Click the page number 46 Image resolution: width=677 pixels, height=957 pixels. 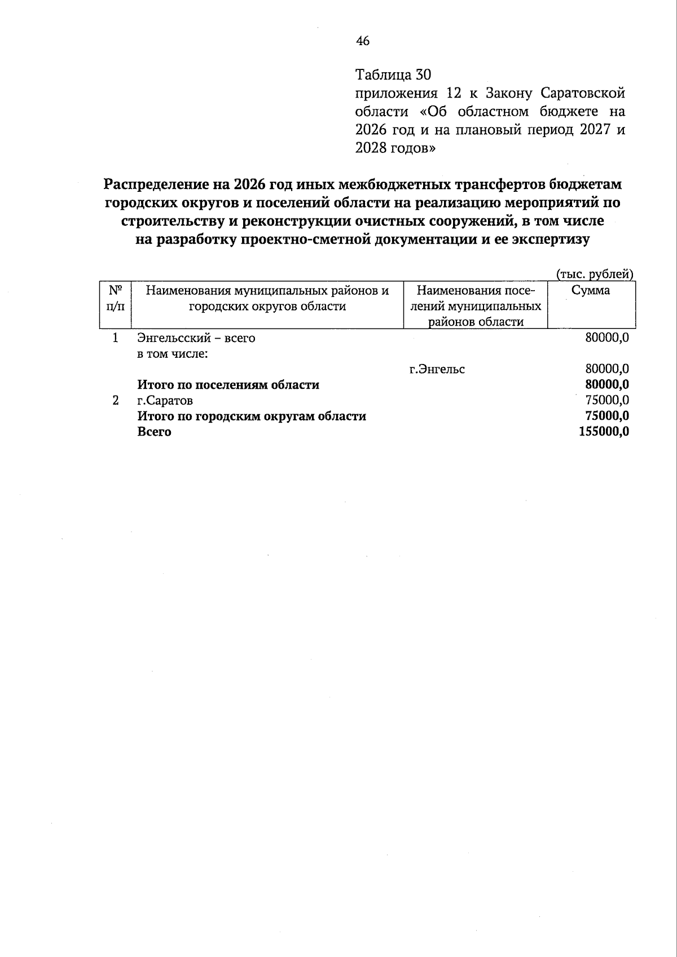(363, 41)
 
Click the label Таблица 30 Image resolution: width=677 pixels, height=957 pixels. (393, 74)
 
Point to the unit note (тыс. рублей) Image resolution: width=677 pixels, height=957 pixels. (595, 274)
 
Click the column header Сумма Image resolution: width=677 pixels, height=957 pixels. (591, 291)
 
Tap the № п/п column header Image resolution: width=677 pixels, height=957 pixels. (116, 298)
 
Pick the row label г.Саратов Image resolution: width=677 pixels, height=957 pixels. (165, 401)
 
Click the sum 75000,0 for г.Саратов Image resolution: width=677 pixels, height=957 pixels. (607, 401)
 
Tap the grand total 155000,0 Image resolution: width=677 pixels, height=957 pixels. (604, 432)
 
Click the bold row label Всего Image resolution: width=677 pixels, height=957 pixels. (154, 432)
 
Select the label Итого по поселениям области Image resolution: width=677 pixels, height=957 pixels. (228, 385)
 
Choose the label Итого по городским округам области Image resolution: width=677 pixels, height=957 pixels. (252, 416)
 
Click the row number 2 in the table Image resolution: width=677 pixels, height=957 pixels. (116, 401)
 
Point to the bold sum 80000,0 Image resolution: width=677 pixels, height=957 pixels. (607, 385)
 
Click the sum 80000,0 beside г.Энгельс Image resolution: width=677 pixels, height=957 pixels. (607, 370)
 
